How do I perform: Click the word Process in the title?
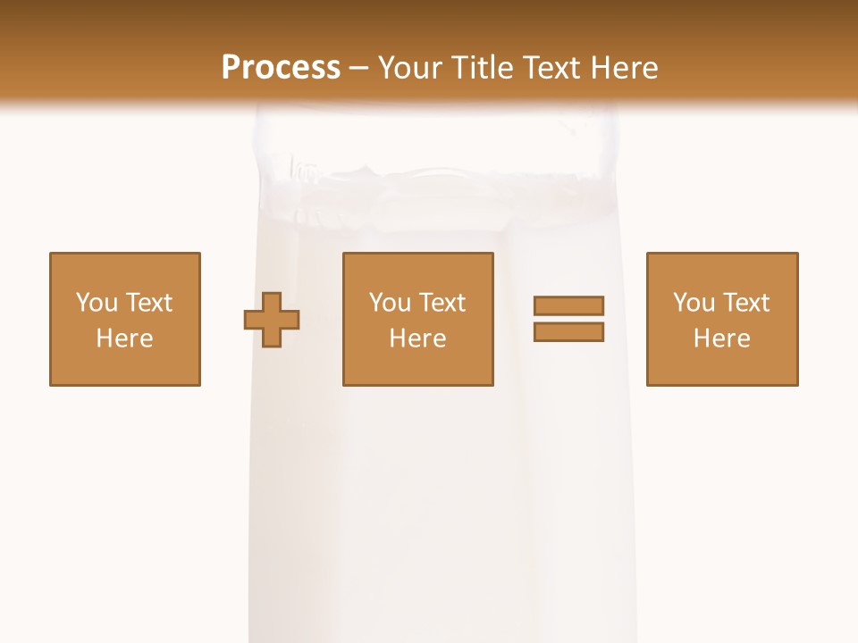[281, 68]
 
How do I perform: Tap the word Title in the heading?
[483, 68]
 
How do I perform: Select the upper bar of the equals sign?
[568, 305]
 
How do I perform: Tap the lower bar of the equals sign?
[568, 332]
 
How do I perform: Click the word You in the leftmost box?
[97, 303]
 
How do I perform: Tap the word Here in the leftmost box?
[125, 338]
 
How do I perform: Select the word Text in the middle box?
[442, 303]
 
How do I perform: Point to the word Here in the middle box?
[418, 338]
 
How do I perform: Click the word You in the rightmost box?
[694, 303]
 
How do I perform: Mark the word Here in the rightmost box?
[722, 338]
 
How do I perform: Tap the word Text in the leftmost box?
[148, 303]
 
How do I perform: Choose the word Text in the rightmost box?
[745, 303]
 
